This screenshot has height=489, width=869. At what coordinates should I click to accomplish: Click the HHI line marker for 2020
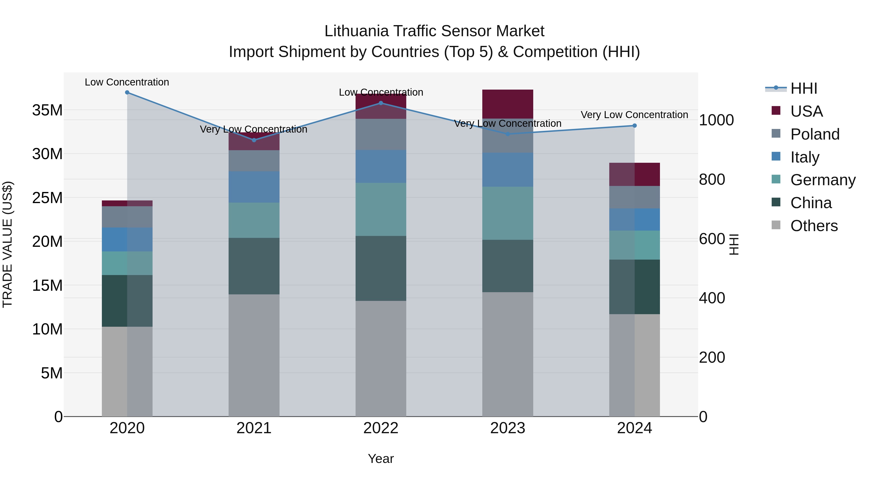coord(127,92)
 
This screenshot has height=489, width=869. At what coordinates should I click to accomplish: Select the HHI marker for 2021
coord(254,140)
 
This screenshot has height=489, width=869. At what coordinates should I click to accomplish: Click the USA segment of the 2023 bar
coord(507,104)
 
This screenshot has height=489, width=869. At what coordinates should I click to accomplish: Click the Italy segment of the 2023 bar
coord(507,170)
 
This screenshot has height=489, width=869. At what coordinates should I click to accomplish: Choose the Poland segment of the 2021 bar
coord(254,161)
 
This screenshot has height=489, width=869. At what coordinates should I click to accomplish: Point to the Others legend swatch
coord(776,225)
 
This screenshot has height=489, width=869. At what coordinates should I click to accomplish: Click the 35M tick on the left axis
coord(47,110)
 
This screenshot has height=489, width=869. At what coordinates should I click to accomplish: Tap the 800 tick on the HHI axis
coord(712,179)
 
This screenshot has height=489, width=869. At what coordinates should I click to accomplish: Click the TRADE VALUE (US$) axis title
coord(7,244)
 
